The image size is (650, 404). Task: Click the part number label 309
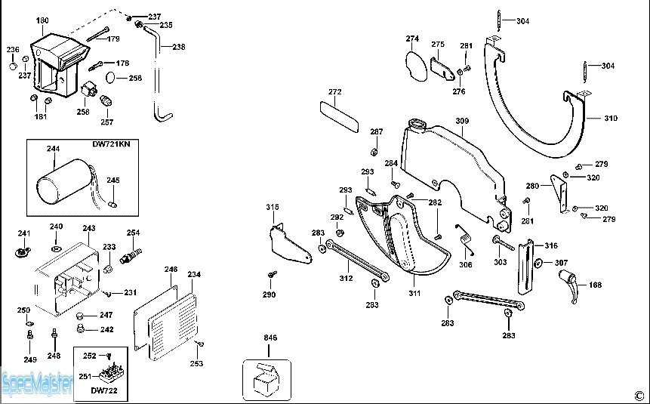click(462, 121)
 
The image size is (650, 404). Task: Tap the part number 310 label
click(611, 119)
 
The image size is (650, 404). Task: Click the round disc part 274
click(414, 63)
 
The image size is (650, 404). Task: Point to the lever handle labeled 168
click(569, 287)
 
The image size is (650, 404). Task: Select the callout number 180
click(42, 20)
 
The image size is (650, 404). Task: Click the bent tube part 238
click(160, 83)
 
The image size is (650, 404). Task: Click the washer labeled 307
click(538, 264)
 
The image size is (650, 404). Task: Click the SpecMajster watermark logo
click(36, 384)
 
